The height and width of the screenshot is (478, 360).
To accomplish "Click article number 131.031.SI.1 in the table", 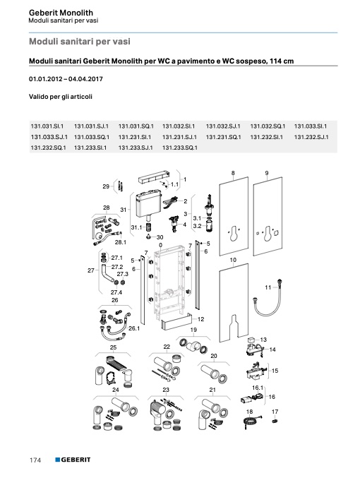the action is [47, 126].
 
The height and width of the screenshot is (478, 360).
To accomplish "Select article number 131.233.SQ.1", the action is [180, 148].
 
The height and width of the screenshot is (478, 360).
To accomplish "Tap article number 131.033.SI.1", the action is [311, 126].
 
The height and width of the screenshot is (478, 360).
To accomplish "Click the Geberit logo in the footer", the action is [73, 460].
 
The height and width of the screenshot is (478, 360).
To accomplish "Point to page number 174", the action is [35, 460].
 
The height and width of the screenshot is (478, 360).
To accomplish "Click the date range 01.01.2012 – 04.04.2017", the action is [66, 79].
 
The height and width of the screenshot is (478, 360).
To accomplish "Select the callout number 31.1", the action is [136, 227].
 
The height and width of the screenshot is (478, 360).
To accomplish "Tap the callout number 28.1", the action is [121, 242].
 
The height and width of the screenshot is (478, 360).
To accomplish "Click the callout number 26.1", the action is [134, 328].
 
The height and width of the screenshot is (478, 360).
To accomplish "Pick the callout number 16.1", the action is [258, 388].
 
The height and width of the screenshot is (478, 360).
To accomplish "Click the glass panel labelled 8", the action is [234, 217].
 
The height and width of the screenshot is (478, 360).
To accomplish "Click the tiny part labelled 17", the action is [275, 422].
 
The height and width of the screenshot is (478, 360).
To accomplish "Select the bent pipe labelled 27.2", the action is [106, 273].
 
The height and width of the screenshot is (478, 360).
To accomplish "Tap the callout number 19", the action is [193, 330].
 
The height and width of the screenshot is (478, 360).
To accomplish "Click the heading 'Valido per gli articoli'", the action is [61, 97].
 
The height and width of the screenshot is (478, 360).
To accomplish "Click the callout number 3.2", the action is [197, 226].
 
